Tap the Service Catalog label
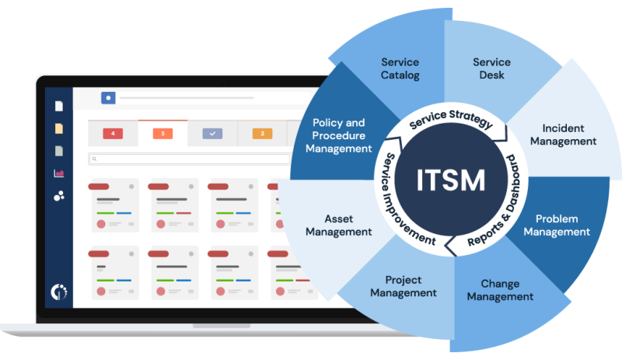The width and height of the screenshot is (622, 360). point(400,68)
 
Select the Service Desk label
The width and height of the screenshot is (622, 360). point(491,68)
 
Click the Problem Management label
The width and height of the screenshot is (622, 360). point(557,225)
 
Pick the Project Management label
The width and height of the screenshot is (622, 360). point(403,286)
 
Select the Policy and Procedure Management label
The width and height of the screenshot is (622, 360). point(338,135)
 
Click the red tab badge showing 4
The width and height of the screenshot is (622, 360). point(113,134)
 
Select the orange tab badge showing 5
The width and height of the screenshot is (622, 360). point(162,134)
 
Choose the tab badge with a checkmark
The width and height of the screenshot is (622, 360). point(212,134)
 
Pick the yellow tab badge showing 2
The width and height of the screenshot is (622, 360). point(262,134)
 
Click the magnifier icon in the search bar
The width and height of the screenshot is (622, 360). point(94,159)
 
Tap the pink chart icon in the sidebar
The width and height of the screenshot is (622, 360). point(58,173)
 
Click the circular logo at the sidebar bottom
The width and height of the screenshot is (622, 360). point(58,292)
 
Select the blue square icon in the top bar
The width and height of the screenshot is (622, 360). point(108,98)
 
